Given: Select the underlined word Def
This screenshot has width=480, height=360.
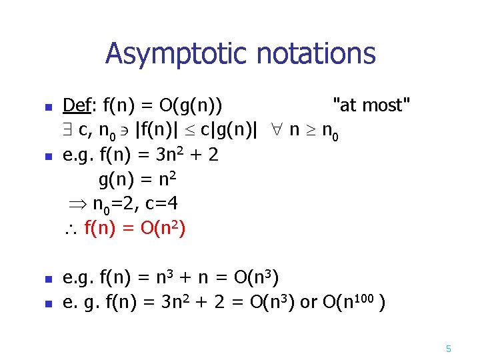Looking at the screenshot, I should (x=77, y=105).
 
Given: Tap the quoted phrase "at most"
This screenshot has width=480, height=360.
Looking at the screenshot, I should (x=372, y=105).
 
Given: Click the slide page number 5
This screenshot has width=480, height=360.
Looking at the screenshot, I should (x=448, y=349).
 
